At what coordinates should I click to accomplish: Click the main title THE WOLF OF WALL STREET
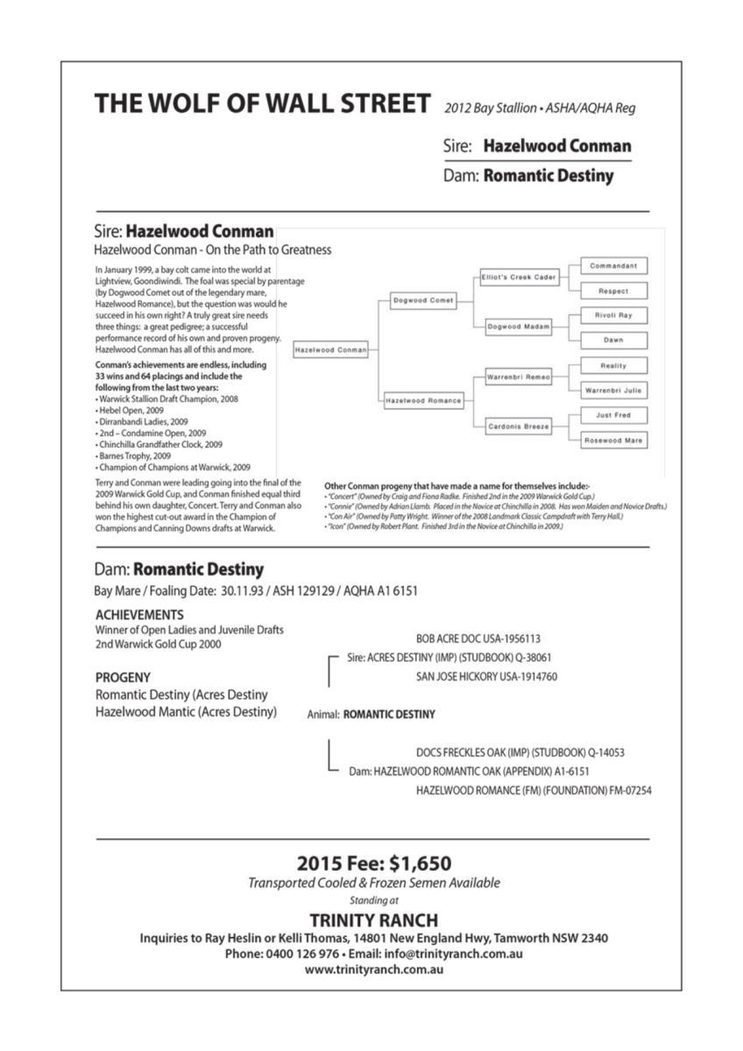pyautogui.click(x=262, y=103)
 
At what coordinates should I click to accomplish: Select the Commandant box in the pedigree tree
pyautogui.click(x=613, y=265)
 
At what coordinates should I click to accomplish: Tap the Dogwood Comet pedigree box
pyautogui.click(x=423, y=300)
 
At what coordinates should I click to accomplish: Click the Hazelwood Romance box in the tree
pyautogui.click(x=423, y=400)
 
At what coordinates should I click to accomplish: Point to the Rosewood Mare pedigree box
pyautogui.click(x=613, y=441)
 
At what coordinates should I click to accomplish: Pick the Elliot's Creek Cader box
pyautogui.click(x=519, y=277)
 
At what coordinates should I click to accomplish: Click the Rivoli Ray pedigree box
pyautogui.click(x=613, y=314)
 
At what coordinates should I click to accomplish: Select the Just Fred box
pyautogui.click(x=613, y=415)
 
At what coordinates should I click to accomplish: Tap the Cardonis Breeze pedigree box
pyautogui.click(x=519, y=427)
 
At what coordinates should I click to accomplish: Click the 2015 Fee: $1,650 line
pyautogui.click(x=374, y=864)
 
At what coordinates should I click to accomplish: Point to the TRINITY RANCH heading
pyautogui.click(x=374, y=921)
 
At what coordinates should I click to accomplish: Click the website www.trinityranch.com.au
pyautogui.click(x=374, y=970)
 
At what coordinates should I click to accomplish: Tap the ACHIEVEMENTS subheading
pyautogui.click(x=139, y=615)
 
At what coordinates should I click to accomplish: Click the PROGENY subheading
pyautogui.click(x=123, y=677)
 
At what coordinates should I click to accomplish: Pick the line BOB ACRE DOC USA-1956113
pyautogui.click(x=478, y=639)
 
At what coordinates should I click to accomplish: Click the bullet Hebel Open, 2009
pyautogui.click(x=131, y=410)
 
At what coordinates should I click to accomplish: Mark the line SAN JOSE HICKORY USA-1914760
pyautogui.click(x=486, y=676)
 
